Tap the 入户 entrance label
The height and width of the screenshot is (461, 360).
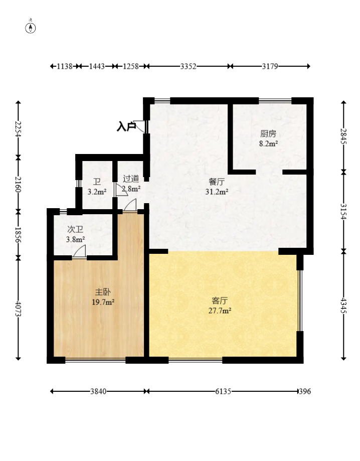tap(126, 127)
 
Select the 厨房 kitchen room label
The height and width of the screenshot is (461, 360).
tap(268, 134)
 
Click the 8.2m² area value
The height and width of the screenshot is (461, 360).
tap(268, 143)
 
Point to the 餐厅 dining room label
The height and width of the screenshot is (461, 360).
tap(217, 182)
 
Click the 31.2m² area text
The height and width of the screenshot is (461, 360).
tap(217, 191)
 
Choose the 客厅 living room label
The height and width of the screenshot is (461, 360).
tap(220, 300)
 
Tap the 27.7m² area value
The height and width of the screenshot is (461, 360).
tap(220, 311)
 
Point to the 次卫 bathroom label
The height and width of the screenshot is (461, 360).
tap(75, 229)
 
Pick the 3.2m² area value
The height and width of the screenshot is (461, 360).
tap(97, 192)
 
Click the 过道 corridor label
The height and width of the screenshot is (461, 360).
tap(131, 179)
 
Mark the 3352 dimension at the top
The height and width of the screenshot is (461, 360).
tap(188, 66)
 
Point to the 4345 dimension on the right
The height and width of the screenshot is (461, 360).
tap(343, 305)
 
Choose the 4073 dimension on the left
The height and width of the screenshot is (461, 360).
tap(18, 309)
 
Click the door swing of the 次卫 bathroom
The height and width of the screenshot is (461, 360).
tap(80, 252)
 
